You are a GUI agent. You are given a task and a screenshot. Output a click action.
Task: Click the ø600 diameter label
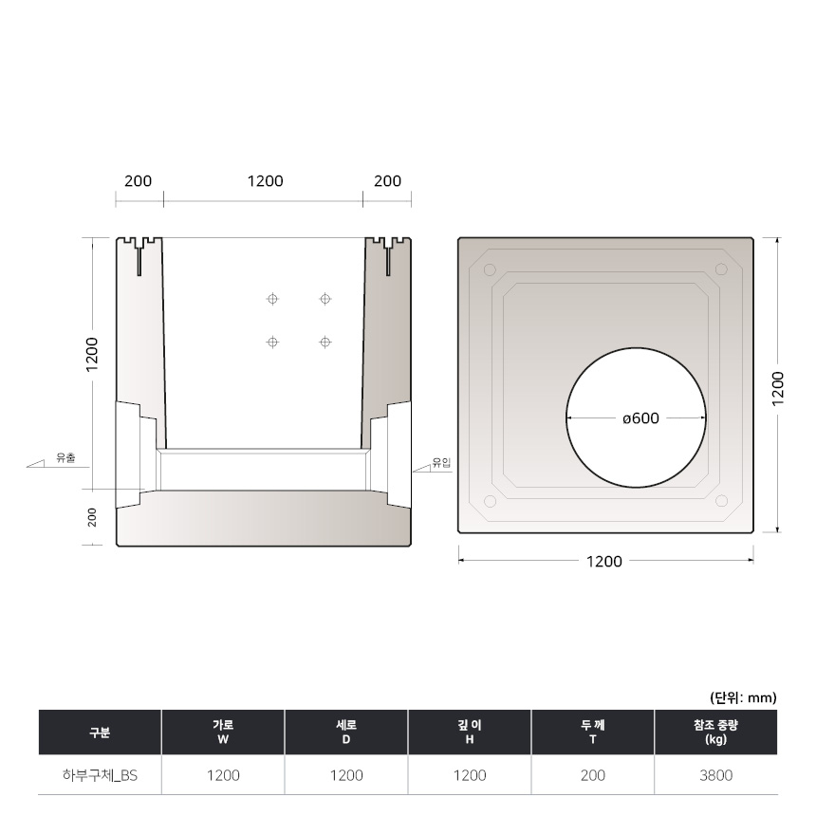(640, 418)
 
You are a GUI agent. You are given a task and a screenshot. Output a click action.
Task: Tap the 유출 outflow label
(66, 458)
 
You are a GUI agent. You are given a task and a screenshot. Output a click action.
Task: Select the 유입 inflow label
(442, 463)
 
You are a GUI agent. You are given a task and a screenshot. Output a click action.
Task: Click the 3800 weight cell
(715, 775)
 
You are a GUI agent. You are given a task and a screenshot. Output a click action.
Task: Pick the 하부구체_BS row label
(100, 775)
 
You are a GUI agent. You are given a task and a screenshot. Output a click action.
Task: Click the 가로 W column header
(223, 732)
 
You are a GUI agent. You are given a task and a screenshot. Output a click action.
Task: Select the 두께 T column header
(592, 732)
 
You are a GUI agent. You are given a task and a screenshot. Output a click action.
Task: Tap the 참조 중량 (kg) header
(715, 732)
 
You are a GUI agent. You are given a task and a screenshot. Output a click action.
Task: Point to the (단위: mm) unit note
(743, 697)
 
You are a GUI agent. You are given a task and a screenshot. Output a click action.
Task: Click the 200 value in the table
(592, 775)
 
